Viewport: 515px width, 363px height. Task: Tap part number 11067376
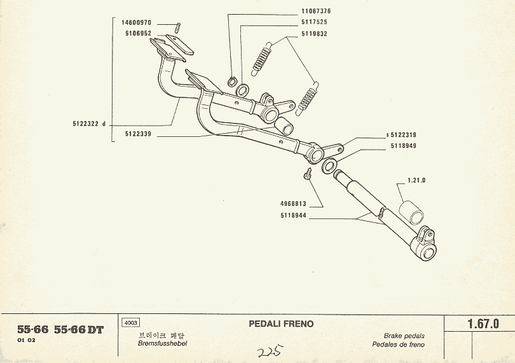315,11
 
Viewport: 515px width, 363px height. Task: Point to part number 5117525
314,22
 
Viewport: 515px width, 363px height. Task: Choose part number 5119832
314,33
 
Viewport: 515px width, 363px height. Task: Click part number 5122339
140,134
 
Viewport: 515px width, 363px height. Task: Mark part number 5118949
403,145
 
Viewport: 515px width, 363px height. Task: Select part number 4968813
294,205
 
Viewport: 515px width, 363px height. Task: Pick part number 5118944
294,215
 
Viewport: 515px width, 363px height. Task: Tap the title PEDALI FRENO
281,324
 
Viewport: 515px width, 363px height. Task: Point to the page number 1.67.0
483,324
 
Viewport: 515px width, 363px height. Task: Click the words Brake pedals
404,336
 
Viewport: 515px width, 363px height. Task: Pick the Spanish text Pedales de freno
399,345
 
